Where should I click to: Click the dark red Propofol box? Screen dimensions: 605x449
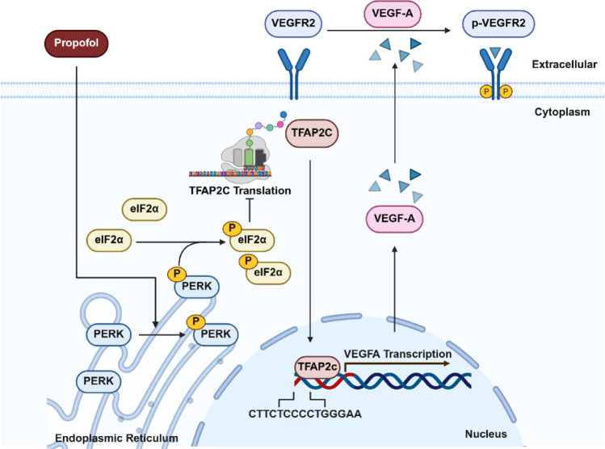point(77,43)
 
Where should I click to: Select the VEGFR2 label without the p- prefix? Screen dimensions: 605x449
point(293,23)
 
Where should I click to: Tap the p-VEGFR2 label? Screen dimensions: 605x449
point(498,23)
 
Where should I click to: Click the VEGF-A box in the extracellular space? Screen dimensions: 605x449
point(393,14)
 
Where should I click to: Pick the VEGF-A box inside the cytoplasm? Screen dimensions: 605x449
point(394,219)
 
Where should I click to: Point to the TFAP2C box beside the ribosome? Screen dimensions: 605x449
point(312,133)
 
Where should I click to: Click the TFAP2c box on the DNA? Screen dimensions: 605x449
point(317,367)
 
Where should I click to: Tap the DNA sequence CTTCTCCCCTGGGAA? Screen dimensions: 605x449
point(305,414)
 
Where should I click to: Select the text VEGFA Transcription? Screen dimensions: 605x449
point(397,354)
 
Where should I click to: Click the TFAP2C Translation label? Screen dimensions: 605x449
point(240,191)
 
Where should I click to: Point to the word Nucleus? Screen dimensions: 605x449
point(485,434)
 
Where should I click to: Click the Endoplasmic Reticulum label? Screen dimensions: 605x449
point(116,439)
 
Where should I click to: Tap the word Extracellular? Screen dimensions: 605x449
point(565,64)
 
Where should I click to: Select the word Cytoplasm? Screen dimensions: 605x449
point(562,112)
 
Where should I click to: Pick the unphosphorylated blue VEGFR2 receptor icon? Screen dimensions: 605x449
point(294,73)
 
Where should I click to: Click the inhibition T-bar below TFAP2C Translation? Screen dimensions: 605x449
point(250,210)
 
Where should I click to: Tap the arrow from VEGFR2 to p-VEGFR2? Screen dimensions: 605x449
point(389,30)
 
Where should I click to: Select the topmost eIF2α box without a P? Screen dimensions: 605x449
point(145,209)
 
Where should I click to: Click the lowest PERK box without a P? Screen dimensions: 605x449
point(99,381)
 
